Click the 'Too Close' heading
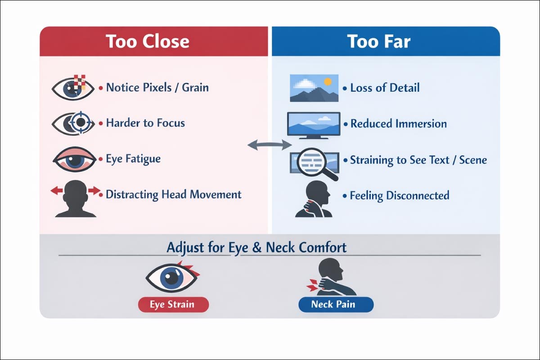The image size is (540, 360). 148,42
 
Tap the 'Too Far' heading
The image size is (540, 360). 379,42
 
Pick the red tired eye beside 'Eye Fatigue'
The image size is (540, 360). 74,159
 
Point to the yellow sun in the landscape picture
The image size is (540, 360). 328,81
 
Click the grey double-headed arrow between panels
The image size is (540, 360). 270,144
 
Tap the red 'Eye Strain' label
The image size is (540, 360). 173,305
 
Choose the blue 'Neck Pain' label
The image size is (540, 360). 336,305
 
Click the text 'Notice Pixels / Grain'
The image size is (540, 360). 157,87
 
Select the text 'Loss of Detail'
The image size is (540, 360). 385,87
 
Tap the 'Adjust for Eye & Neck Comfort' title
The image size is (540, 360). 256,247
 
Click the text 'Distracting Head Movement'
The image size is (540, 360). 174,195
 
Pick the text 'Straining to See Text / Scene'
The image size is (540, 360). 418,160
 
